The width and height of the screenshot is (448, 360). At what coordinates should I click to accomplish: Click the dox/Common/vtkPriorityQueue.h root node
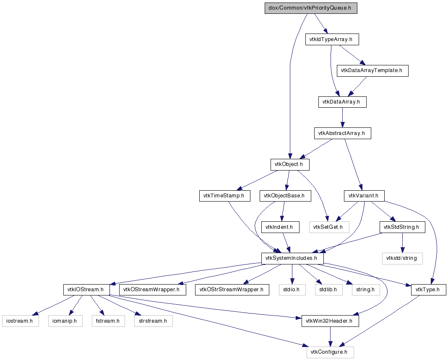coord(311,8)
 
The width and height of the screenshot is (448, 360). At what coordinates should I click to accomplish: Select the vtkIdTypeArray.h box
coord(332,39)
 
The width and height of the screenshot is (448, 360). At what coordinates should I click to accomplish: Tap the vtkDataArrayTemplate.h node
coord(372,70)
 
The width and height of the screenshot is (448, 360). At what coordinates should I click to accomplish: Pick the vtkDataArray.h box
coord(342,102)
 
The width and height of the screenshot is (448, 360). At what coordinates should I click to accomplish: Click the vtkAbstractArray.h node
coord(343,133)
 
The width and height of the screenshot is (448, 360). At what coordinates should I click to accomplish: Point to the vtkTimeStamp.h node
coord(224,196)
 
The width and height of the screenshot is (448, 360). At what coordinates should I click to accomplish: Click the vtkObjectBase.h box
coord(285,196)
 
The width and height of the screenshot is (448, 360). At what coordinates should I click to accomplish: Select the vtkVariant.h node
coord(364,196)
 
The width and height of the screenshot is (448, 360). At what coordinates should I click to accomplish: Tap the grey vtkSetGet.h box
coord(329,227)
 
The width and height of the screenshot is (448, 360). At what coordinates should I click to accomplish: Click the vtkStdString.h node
coord(402,227)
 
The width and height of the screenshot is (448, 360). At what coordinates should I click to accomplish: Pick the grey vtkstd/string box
coord(402,258)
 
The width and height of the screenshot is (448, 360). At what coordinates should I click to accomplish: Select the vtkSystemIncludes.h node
coord(292,258)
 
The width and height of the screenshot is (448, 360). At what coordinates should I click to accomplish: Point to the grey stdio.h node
coord(292,290)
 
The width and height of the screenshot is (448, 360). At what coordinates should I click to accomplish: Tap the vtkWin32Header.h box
coord(330,321)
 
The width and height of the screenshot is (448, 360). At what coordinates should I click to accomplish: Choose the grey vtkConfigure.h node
coord(330,352)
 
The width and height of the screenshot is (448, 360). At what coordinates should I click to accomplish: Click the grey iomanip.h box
coord(65,321)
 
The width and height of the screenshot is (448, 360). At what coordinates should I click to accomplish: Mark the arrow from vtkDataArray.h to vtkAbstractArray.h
coord(342,118)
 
